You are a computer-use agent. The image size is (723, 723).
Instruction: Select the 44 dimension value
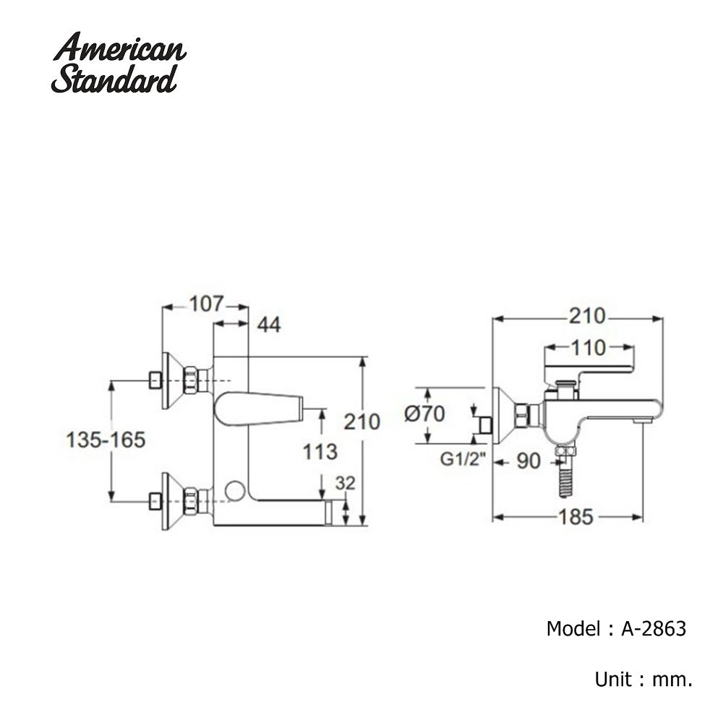pos(268,325)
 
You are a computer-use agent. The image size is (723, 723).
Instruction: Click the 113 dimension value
pos(320,452)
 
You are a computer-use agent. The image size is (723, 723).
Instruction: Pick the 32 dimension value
pos(346,484)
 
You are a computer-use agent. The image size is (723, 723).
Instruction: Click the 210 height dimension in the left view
pos(362,421)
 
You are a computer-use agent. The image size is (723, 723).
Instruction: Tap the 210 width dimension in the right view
pos(586,316)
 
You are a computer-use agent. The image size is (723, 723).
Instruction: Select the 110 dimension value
pos(586,348)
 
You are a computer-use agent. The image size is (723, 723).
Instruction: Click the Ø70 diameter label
pos(425,414)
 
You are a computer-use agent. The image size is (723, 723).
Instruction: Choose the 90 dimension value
pos(529,460)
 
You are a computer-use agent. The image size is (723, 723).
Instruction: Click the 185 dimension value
pos(576,516)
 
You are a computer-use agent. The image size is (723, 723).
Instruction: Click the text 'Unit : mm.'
pos(643,680)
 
